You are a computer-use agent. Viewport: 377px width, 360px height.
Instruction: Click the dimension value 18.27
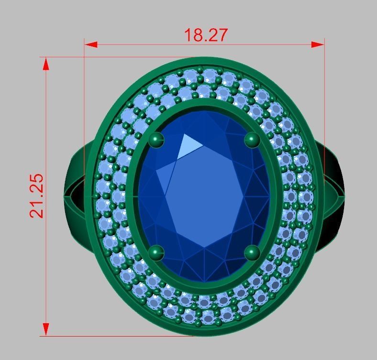pyautogui.click(x=206, y=35)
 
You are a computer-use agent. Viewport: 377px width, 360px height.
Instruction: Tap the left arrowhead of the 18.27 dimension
pyautogui.click(x=91, y=44)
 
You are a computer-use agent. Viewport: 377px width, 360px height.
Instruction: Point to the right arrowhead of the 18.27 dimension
pyautogui.click(x=318, y=44)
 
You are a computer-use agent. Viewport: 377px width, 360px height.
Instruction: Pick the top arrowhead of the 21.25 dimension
pyautogui.click(x=46, y=64)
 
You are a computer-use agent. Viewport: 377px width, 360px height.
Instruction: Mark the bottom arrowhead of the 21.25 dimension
pyautogui.click(x=46, y=329)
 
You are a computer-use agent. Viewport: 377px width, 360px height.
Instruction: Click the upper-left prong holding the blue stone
pyautogui.click(x=156, y=140)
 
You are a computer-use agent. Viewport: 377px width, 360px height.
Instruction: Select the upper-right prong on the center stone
pyautogui.click(x=252, y=140)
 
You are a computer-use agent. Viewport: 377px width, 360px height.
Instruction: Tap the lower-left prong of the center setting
pyautogui.click(x=156, y=252)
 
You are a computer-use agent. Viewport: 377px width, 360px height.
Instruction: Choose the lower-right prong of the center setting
pyautogui.click(x=252, y=252)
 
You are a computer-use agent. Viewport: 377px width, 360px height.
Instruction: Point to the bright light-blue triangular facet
pyautogui.click(x=190, y=145)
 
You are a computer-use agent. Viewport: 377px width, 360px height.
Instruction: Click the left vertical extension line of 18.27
pyautogui.click(x=85, y=96)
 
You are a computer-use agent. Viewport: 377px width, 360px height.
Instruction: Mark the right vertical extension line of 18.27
pyautogui.click(x=324, y=96)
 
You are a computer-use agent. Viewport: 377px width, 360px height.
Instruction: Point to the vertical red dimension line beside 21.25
pyautogui.click(x=46, y=263)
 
